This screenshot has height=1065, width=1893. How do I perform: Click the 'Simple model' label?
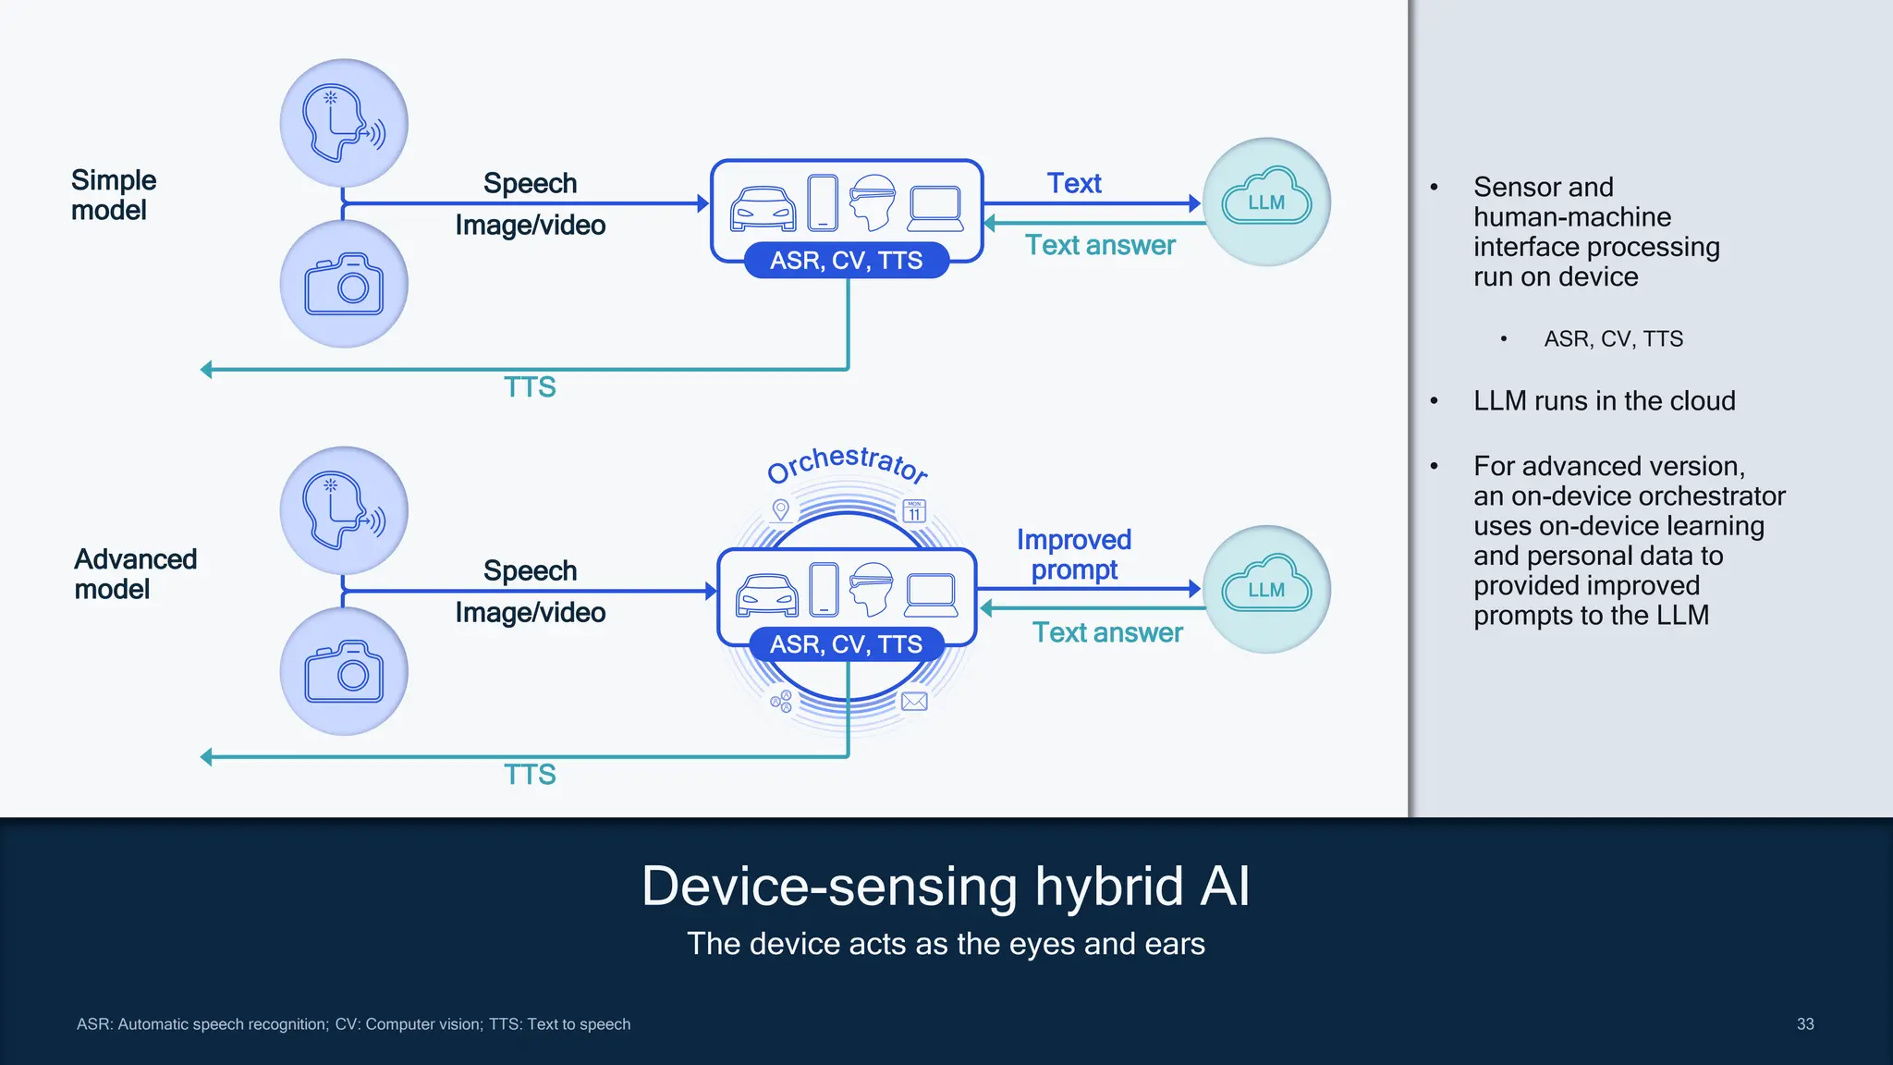[x=113, y=195]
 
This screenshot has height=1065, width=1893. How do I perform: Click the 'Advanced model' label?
[x=135, y=574]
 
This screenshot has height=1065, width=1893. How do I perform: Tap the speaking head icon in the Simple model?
[x=344, y=124]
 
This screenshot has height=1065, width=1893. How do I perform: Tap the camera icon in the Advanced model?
[x=344, y=671]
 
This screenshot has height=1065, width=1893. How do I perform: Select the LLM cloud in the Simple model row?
[x=1266, y=202]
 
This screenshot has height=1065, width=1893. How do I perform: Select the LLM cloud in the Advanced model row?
[x=1266, y=589]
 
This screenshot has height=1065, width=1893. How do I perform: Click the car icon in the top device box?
[x=763, y=208]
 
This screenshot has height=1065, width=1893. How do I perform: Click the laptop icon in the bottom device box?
[x=931, y=595]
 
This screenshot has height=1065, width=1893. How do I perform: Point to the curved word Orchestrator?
[x=848, y=463]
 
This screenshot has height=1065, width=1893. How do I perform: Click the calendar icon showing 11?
[x=914, y=510]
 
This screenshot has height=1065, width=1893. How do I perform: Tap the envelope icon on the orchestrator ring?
[x=914, y=702]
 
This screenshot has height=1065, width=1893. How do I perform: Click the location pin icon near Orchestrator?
[x=781, y=509]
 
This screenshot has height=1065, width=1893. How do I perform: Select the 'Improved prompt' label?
[x=1074, y=555]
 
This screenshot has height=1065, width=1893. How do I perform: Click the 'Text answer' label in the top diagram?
[x=1100, y=245]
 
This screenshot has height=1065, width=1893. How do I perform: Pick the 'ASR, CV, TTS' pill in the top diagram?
[x=846, y=261]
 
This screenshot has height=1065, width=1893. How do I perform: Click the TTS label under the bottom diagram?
[x=530, y=775]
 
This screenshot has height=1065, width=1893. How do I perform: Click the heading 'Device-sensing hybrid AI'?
[x=946, y=886]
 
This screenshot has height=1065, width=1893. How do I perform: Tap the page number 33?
[x=1804, y=1024]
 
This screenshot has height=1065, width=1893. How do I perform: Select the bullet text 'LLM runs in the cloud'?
[x=1604, y=401]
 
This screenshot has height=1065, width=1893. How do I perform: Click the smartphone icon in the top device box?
[x=822, y=202]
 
